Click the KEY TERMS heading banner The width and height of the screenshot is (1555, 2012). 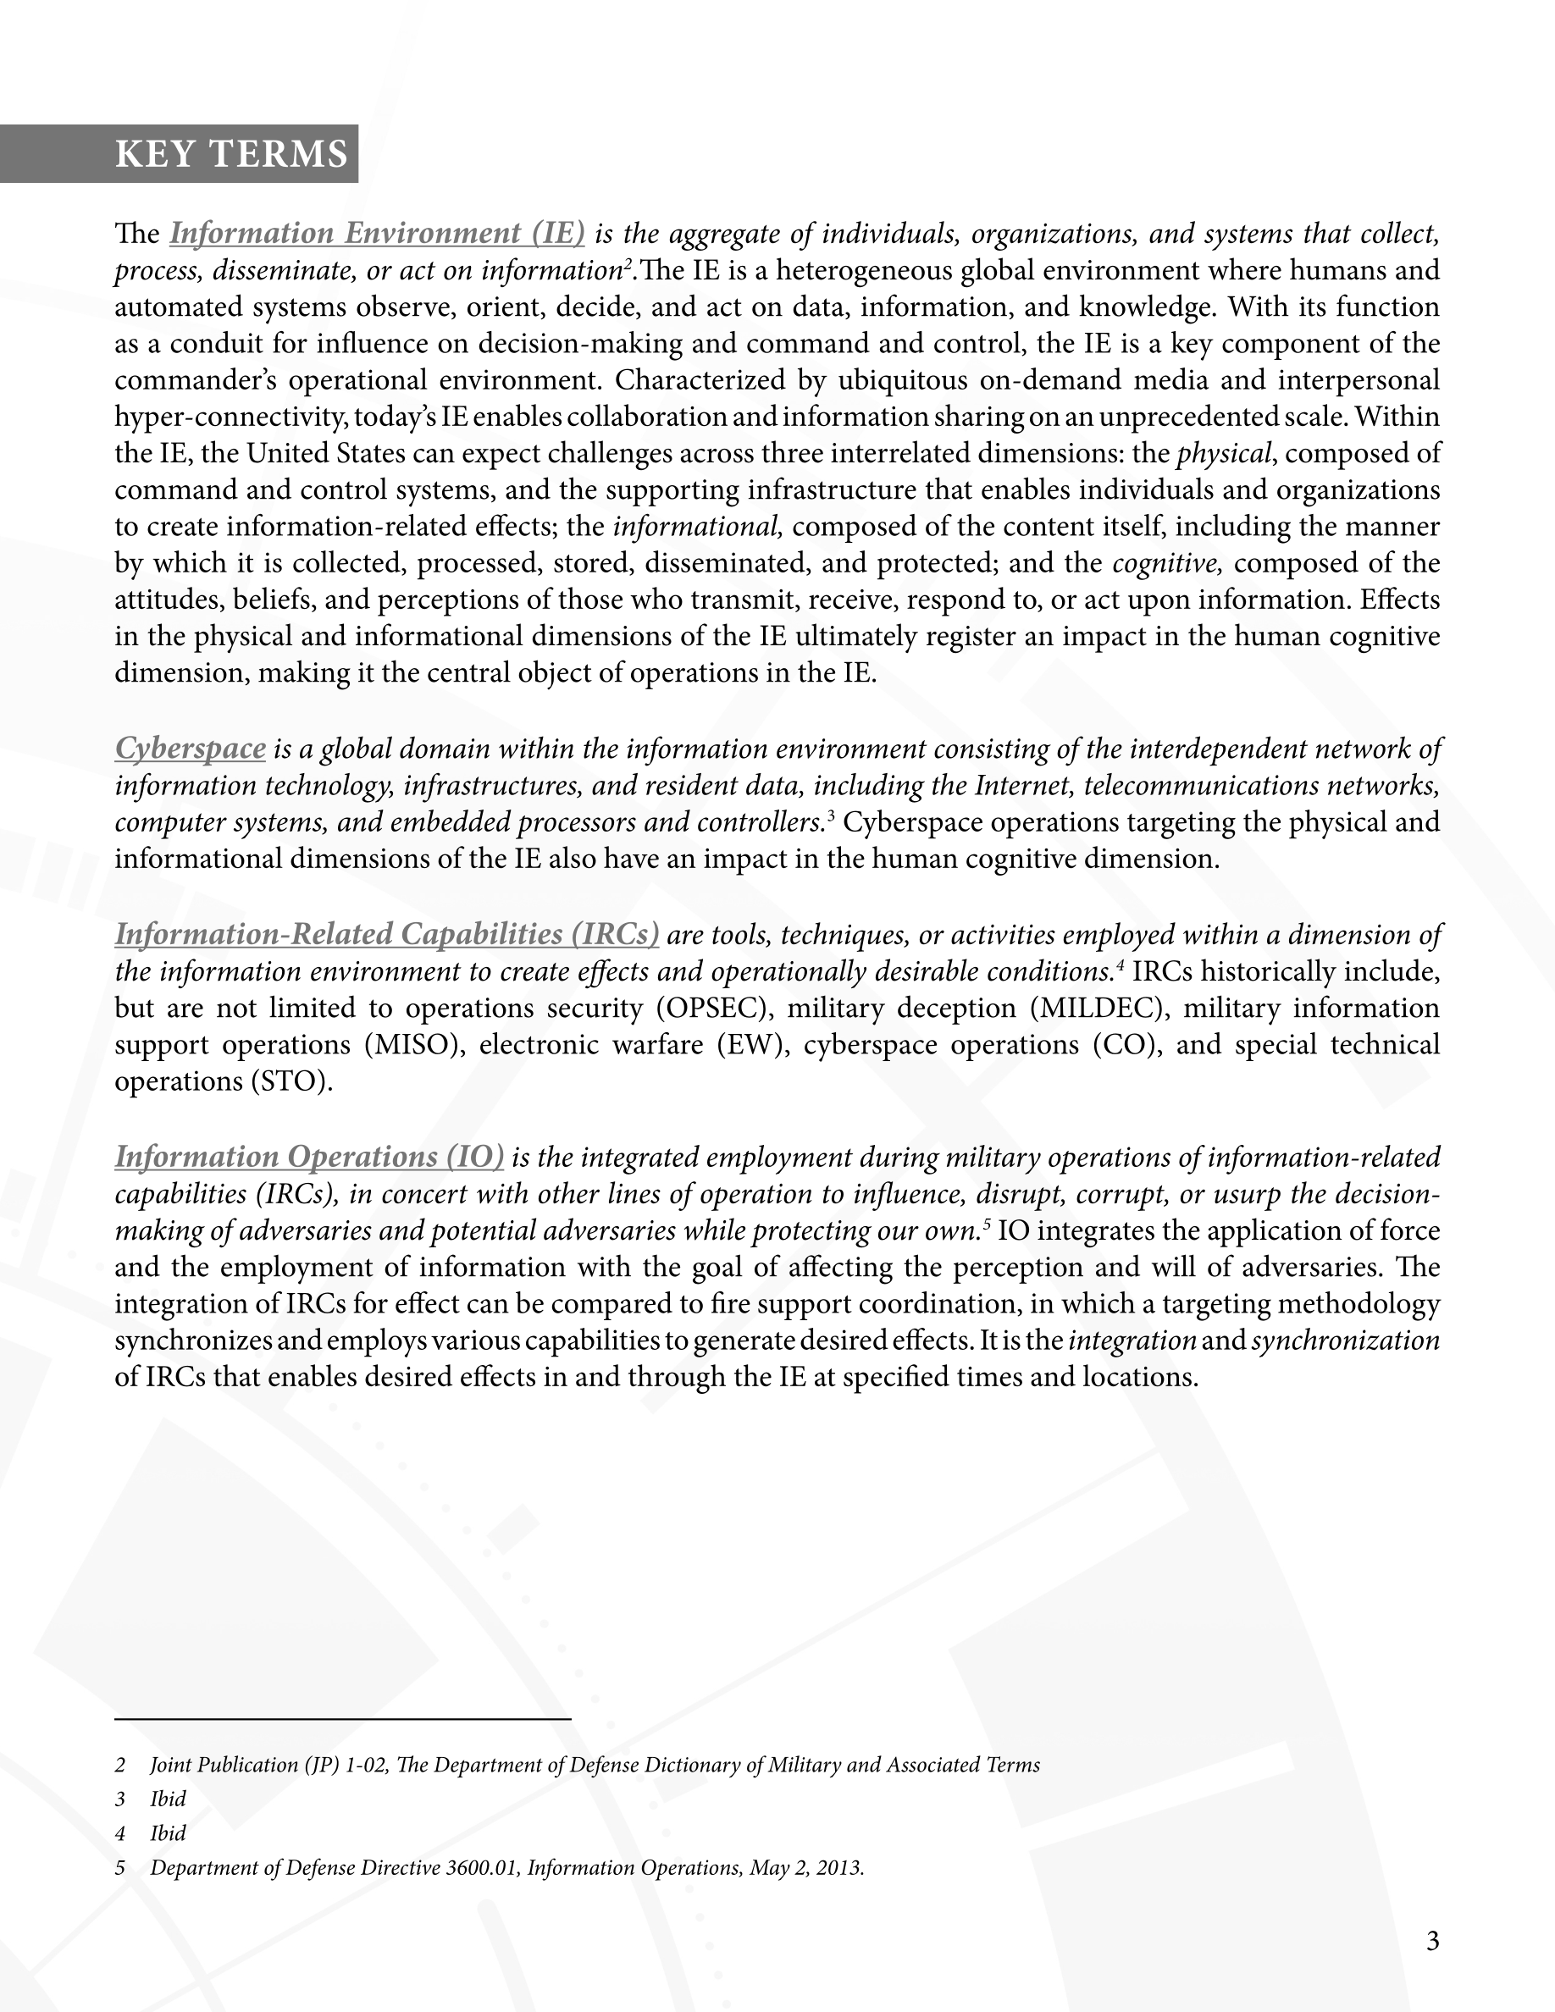click(x=230, y=154)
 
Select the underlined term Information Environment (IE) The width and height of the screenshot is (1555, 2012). click(x=377, y=233)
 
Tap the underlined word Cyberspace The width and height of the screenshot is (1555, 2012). click(x=191, y=748)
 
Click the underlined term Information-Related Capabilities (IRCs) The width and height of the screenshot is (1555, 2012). click(x=387, y=934)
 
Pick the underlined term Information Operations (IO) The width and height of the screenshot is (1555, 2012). click(x=309, y=1156)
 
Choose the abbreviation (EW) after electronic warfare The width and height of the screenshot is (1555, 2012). click(x=753, y=1045)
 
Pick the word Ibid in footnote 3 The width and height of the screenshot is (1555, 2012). click(x=169, y=1799)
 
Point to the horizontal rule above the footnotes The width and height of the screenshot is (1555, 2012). click(x=343, y=1719)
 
